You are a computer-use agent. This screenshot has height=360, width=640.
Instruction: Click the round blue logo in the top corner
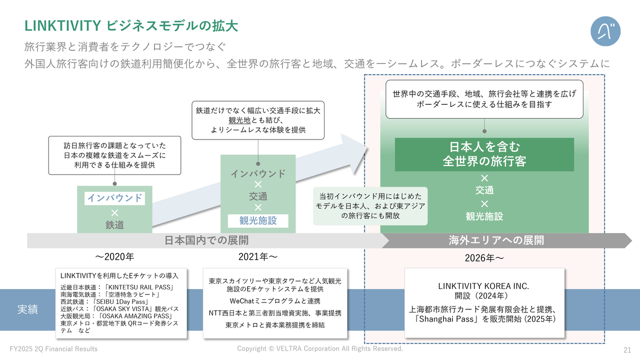605,31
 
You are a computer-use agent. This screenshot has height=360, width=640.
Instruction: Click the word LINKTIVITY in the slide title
63,25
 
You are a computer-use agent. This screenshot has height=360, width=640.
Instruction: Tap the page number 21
627,349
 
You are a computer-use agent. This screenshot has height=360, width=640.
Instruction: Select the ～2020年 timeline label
114,257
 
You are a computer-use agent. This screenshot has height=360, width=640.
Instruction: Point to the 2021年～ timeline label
258,257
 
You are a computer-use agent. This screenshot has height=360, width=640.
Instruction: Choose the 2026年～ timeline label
484,258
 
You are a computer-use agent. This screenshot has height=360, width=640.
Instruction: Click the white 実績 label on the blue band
27,309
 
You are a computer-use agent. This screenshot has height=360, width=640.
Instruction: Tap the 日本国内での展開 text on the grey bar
206,240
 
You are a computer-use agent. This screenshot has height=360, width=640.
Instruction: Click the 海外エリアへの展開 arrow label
496,240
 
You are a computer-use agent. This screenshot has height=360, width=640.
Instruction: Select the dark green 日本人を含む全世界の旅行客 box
484,154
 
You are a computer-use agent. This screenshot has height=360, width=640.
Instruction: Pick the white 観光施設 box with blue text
258,221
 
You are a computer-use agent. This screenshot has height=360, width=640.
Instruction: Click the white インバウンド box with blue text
114,198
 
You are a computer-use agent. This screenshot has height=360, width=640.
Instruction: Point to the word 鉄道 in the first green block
114,225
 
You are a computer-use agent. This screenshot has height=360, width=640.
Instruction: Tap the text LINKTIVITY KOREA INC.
483,286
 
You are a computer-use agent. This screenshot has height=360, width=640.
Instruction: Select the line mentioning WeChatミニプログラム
275,301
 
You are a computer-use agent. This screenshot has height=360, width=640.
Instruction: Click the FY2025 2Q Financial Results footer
53,349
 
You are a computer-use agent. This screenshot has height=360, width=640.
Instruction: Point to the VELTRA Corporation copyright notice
320,348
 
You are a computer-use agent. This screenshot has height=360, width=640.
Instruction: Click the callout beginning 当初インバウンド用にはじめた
370,206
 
